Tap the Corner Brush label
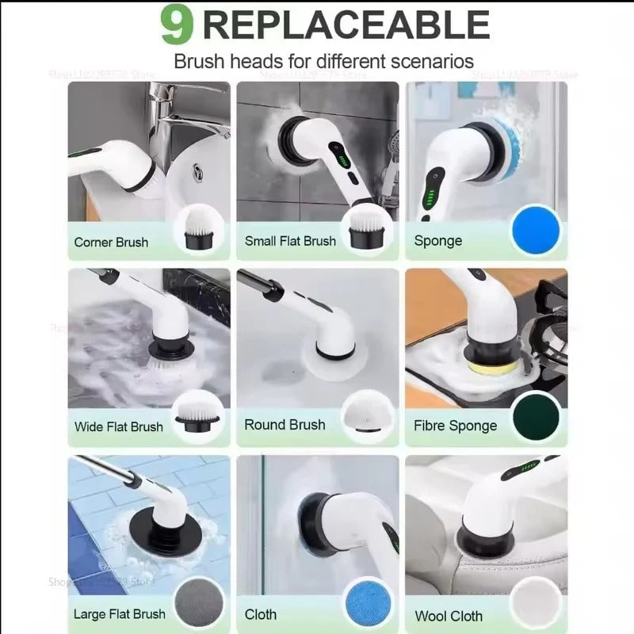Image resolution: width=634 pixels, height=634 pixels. [x=111, y=242]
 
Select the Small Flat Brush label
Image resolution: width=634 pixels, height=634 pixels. [x=290, y=241]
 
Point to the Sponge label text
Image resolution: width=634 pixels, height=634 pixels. [x=437, y=240]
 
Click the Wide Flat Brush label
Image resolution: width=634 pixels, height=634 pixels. [x=119, y=426]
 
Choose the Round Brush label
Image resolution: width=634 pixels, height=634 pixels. [x=285, y=425]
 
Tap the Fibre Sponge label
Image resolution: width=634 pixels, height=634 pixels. [x=456, y=426]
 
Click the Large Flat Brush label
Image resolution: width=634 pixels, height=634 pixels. [x=120, y=613]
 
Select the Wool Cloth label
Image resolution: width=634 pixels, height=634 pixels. [x=449, y=616]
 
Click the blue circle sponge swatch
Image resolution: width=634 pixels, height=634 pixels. [x=536, y=230]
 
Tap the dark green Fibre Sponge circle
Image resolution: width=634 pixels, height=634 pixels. [x=537, y=418]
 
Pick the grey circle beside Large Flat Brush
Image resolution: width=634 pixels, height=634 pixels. [x=198, y=604]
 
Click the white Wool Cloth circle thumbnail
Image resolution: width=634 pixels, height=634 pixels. [x=537, y=604]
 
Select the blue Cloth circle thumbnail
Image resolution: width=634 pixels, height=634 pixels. [x=367, y=604]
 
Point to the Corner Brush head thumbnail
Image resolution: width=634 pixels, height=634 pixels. [x=198, y=228]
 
